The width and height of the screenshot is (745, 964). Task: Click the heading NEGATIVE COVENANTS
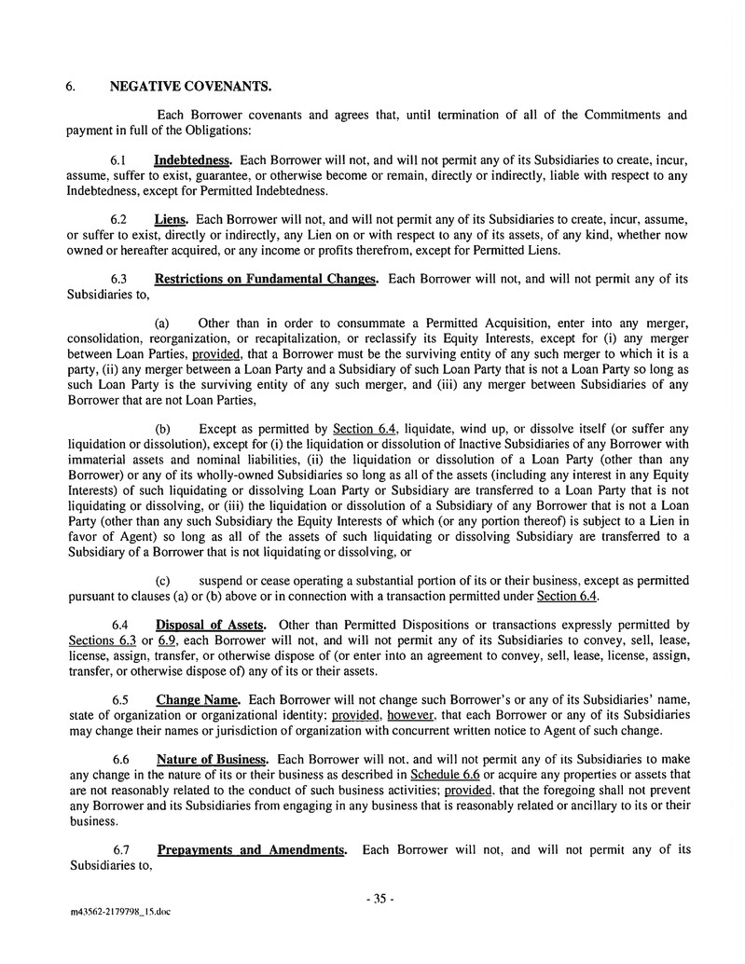point(190,88)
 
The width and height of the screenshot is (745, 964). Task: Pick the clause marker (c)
point(162,579)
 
